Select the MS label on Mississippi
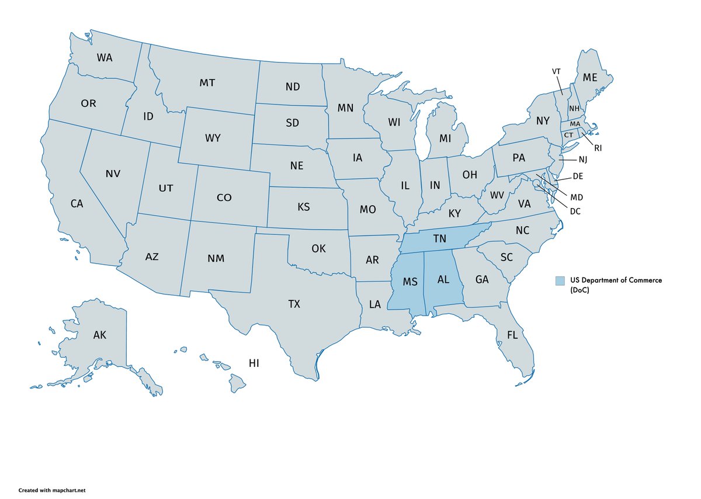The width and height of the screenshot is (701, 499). click(x=410, y=282)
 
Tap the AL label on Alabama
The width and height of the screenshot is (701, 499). click(x=443, y=279)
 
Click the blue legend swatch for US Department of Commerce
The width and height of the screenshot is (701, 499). click(x=560, y=280)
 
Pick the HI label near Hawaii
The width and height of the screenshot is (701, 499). click(x=254, y=363)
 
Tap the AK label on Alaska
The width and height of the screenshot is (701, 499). click(x=99, y=335)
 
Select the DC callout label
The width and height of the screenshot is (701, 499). click(x=575, y=211)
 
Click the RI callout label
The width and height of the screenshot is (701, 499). click(x=598, y=148)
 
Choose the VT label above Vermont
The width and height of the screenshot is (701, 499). click(x=556, y=71)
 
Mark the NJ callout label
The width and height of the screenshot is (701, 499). click(x=583, y=160)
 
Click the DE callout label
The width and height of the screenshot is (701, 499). click(x=578, y=176)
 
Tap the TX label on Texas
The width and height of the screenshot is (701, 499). click(x=294, y=304)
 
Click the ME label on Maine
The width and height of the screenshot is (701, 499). click(x=590, y=77)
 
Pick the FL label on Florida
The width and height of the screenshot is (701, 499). click(x=512, y=335)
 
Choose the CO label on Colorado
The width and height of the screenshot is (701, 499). click(x=224, y=197)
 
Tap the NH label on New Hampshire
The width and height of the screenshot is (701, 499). click(x=574, y=109)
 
